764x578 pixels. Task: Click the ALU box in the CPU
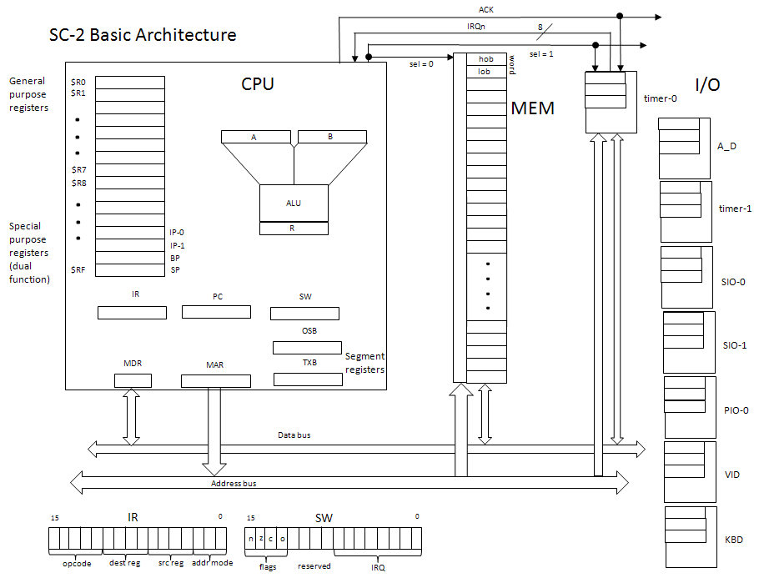pyautogui.click(x=294, y=203)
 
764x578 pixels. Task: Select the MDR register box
pyautogui.click(x=133, y=381)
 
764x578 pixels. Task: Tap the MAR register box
pyautogui.click(x=215, y=381)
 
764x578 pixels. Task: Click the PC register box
pyautogui.click(x=216, y=312)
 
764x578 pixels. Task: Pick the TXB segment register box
pyautogui.click(x=308, y=379)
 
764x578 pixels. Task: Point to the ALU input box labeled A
pyautogui.click(x=254, y=137)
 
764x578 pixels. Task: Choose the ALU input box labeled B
pyautogui.click(x=330, y=137)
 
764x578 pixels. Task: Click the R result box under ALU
pyautogui.click(x=294, y=228)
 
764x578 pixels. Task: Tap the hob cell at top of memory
pyautogui.click(x=485, y=59)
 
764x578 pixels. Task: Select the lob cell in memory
pyautogui.click(x=485, y=72)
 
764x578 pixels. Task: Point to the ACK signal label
pyautogui.click(x=485, y=10)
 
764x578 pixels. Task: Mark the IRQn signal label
pyautogui.click(x=477, y=28)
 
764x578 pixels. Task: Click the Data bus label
pyautogui.click(x=295, y=435)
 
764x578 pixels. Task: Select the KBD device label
pyautogui.click(x=734, y=540)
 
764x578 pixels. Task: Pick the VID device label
pyautogui.click(x=733, y=475)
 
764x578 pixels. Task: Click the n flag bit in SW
pyautogui.click(x=250, y=539)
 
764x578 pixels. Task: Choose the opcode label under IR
pyautogui.click(x=76, y=565)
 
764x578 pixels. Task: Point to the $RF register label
pyautogui.click(x=78, y=270)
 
